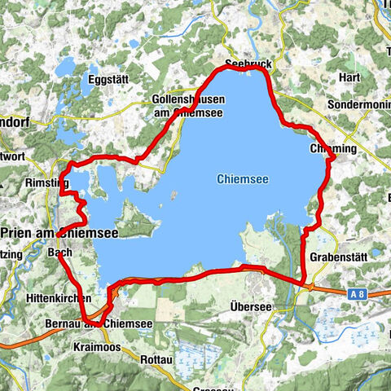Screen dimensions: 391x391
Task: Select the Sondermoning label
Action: tap(359, 106)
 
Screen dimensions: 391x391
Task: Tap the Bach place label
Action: tap(60, 253)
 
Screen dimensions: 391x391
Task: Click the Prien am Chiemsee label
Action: tap(59, 233)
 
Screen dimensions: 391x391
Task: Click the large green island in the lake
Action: tap(130, 219)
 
